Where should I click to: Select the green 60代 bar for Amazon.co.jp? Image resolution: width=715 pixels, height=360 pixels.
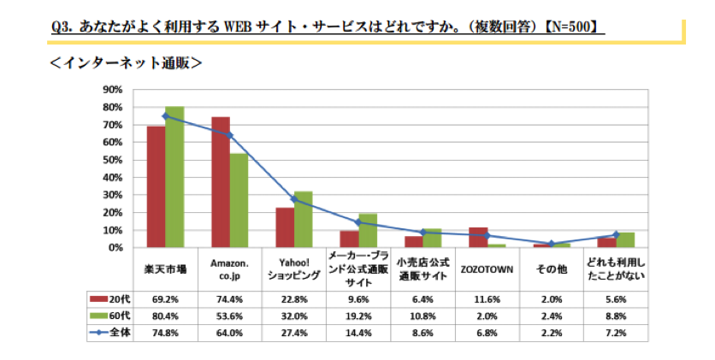tap(239, 200)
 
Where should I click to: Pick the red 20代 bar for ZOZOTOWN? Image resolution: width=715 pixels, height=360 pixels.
tap(479, 237)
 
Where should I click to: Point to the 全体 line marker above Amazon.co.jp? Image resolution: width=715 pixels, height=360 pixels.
tap(230, 135)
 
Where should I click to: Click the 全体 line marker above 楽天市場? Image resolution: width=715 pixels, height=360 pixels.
tap(165, 116)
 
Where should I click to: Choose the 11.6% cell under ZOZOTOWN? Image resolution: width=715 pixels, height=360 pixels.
tap(487, 298)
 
